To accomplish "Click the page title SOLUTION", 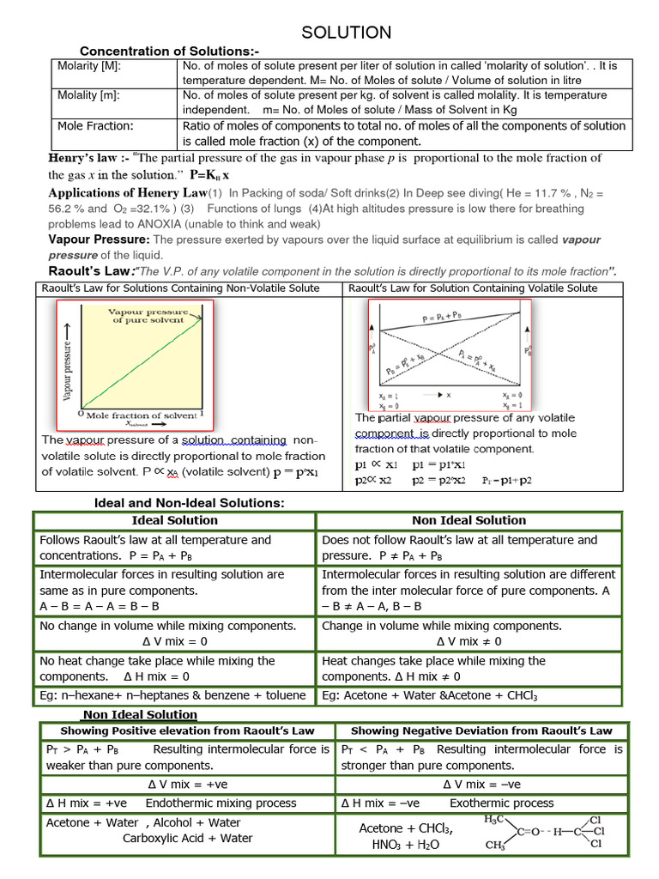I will pos(346,33).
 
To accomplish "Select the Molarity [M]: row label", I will pos(88,66).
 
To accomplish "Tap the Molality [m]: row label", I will pos(88,95).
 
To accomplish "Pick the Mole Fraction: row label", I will pos(95,125).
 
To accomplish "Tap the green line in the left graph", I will pos(142,361).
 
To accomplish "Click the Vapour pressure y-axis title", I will pos(67,356).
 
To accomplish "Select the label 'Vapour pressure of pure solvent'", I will pos(148,315).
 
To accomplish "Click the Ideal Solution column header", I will pos(174,520).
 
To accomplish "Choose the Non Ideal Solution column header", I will pos(469,520).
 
